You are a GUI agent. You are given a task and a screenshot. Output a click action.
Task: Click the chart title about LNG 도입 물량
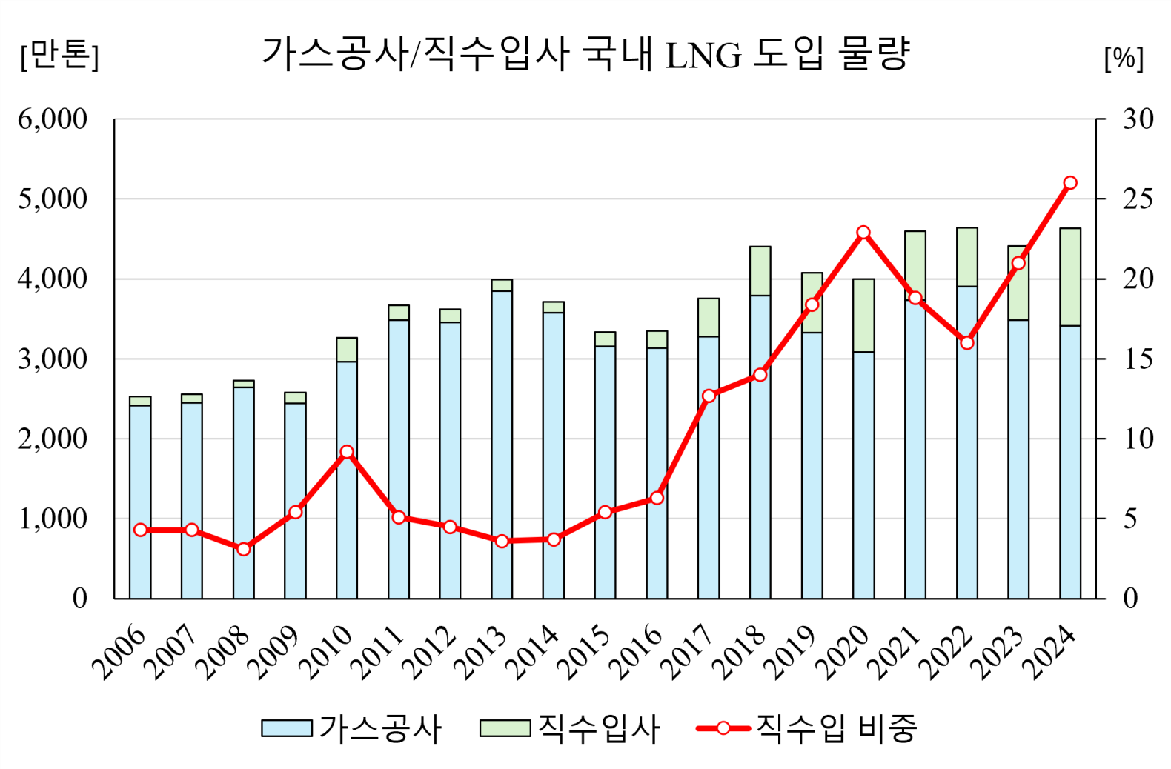[585, 54]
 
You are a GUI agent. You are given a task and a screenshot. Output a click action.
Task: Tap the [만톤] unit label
[59, 55]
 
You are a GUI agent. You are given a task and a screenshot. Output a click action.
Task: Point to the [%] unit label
[1124, 58]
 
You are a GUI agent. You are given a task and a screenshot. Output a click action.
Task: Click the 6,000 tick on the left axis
[53, 119]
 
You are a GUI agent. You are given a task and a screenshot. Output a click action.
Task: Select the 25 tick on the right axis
[1138, 199]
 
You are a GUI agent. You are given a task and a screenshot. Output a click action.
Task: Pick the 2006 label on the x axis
[120, 651]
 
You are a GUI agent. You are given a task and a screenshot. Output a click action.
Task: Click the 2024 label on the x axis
[1049, 651]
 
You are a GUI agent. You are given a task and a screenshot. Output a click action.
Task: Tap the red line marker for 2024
[1069, 183]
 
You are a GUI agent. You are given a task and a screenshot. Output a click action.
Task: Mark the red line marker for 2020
[863, 233]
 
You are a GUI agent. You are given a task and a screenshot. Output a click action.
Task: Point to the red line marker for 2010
[347, 452]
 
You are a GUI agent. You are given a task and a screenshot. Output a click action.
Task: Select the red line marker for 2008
[243, 549]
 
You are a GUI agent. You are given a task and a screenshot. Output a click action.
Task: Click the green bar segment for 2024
[1069, 276]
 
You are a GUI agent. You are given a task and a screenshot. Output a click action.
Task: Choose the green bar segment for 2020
[863, 315]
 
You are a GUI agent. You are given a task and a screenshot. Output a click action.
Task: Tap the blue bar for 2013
[502, 445]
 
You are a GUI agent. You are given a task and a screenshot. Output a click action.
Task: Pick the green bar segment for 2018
[760, 270]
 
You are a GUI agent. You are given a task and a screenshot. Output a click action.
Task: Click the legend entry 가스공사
[352, 728]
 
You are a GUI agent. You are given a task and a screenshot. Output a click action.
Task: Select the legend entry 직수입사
[570, 728]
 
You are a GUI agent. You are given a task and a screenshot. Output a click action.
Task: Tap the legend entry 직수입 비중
[808, 728]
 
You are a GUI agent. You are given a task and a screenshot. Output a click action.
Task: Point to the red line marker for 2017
[709, 396]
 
